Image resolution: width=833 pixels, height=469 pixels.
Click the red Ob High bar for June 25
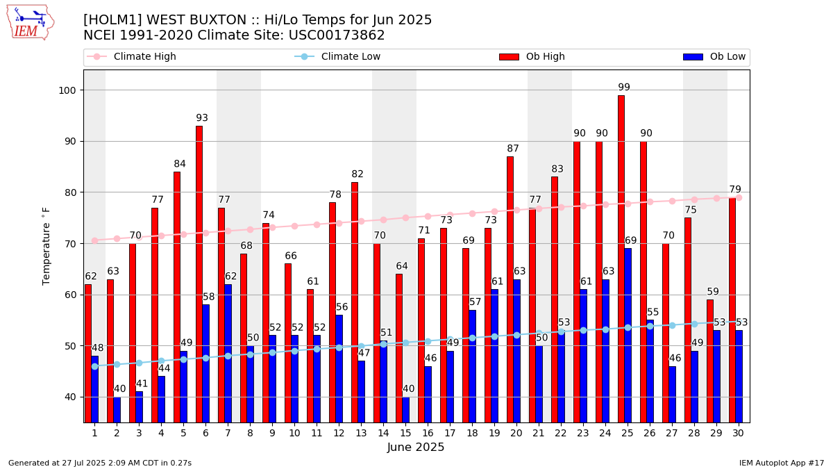click(x=621, y=257)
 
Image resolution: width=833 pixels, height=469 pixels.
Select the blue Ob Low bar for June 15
click(x=406, y=409)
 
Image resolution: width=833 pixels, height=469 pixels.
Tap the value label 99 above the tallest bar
click(x=624, y=88)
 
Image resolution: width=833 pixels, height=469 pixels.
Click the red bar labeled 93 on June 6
click(x=199, y=271)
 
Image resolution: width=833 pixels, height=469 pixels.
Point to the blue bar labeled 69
click(x=628, y=334)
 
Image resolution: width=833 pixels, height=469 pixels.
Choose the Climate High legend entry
click(x=144, y=57)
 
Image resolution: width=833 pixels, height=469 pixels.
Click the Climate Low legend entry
click(x=351, y=57)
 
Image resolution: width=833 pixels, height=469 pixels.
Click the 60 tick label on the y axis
click(x=73, y=295)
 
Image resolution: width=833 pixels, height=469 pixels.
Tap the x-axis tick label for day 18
click(x=472, y=433)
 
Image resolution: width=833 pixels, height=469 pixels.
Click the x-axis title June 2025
click(x=416, y=447)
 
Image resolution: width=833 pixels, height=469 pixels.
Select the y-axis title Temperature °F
click(x=47, y=246)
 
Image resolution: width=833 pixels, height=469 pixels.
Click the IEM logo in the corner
click(x=30, y=22)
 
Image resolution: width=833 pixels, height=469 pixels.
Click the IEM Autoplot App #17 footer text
click(x=781, y=463)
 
